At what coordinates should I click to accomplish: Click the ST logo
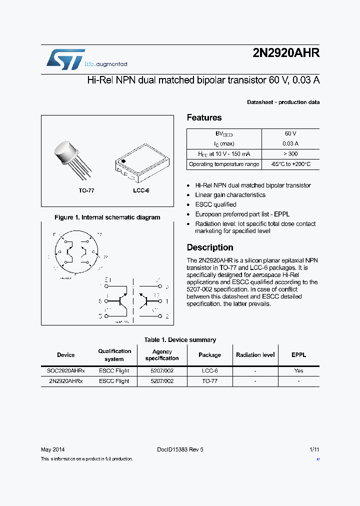tap(65, 59)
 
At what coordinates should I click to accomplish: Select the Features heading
tap(204, 117)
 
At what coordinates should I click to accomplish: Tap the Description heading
tap(210, 247)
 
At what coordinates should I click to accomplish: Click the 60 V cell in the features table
tap(290, 134)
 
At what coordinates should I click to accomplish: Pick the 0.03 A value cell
tap(290, 144)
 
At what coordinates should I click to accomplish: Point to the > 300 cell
tap(290, 154)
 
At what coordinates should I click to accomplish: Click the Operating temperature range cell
tap(224, 164)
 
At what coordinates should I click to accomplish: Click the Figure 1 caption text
tap(107, 217)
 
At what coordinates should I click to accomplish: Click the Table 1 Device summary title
tap(180, 340)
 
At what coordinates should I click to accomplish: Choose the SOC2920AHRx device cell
tap(65, 371)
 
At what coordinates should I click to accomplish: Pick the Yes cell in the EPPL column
tap(298, 371)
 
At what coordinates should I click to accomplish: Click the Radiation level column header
tap(255, 355)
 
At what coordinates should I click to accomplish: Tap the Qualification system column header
tap(114, 355)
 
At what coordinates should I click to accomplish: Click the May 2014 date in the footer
tap(52, 449)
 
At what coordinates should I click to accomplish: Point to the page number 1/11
tap(314, 449)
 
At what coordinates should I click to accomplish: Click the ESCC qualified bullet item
tap(215, 204)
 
